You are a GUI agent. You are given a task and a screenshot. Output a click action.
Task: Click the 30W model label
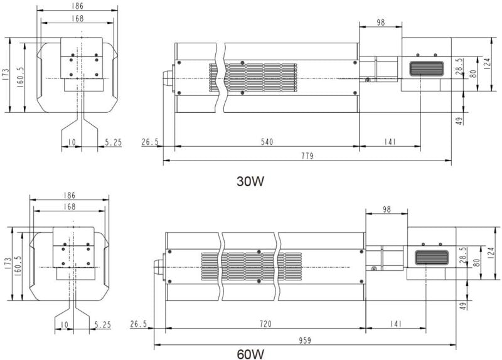tap(250, 182)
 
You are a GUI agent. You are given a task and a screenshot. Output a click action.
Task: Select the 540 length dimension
tap(267, 142)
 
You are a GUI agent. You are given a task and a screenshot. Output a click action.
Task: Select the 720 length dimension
tap(265, 324)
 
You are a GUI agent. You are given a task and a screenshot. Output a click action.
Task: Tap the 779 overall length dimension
tap(307, 156)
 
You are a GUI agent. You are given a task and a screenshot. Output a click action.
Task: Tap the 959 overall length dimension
tap(305, 341)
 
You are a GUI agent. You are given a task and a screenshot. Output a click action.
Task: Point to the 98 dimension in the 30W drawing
tap(380, 23)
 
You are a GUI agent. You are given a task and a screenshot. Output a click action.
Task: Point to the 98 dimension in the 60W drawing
tap(387, 209)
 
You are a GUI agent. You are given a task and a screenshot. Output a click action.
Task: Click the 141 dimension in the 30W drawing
tap(389, 142)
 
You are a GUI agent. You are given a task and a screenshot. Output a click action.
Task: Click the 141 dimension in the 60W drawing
tap(396, 324)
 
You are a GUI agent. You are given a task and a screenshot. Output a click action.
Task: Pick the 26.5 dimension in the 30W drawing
tap(149, 142)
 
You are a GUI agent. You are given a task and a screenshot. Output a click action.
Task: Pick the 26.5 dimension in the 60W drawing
tap(138, 324)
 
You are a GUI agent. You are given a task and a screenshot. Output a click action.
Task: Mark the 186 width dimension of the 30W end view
tap(78, 6)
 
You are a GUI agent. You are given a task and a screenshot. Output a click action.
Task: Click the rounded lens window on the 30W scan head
tap(427, 69)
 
